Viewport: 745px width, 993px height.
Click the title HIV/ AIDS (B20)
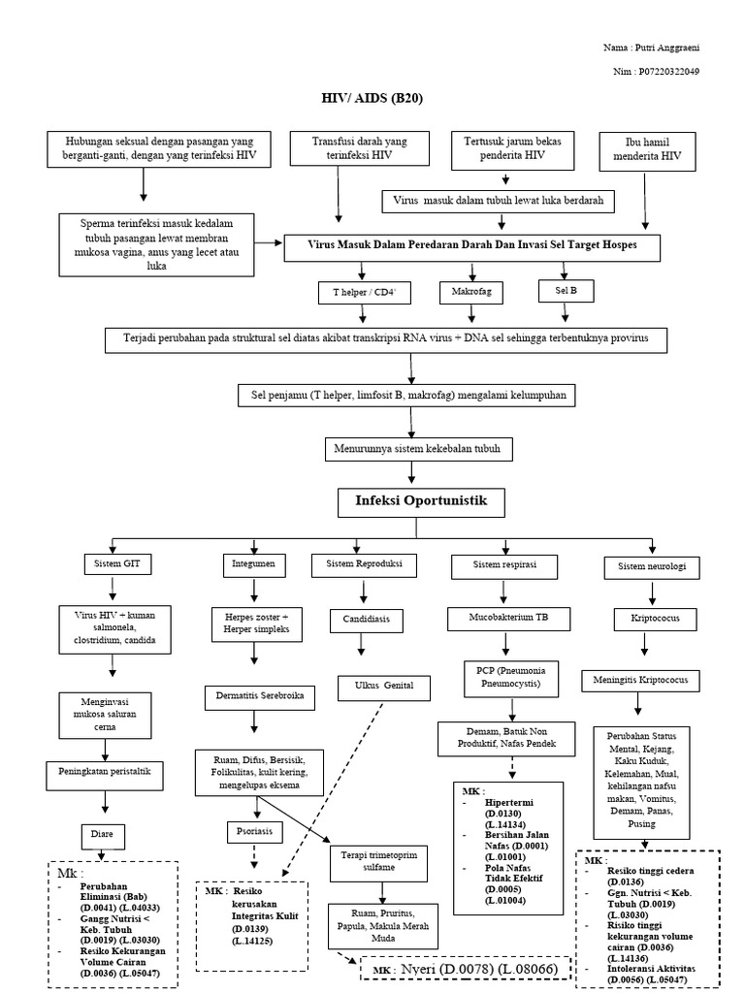[372, 98]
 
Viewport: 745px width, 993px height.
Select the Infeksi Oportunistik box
[412, 502]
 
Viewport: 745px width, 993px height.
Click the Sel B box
[565, 289]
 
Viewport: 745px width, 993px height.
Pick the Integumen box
[254, 562]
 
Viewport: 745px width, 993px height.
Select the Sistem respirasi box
[504, 563]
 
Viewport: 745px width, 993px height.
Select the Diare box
[103, 834]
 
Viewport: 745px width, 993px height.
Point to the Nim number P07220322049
[668, 71]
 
